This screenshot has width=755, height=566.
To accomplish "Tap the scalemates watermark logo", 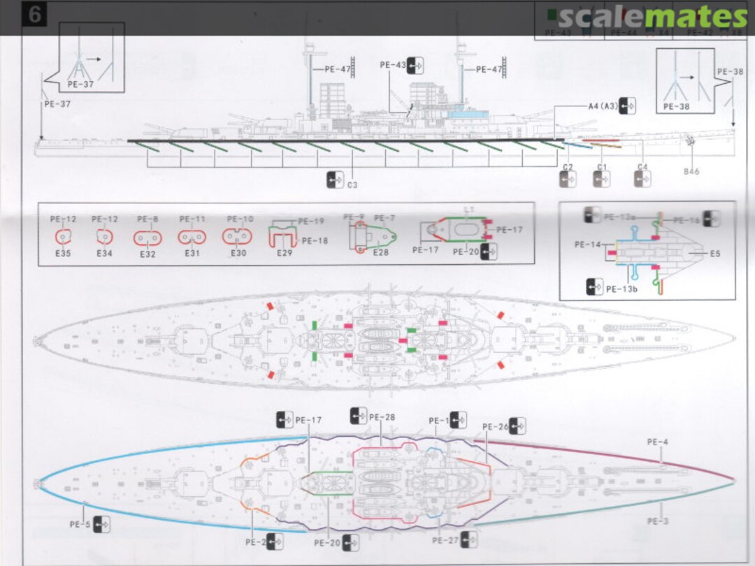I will pyautogui.click(x=653, y=17).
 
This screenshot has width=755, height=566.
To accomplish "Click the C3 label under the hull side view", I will pyautogui.click(x=352, y=185).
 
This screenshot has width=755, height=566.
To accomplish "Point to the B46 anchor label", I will pyautogui.click(x=691, y=171).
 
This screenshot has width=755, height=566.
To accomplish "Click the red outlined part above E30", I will pyautogui.click(x=238, y=238).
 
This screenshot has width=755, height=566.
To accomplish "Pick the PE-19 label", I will pyautogui.click(x=311, y=222).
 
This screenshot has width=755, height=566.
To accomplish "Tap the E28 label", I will pyautogui.click(x=380, y=252).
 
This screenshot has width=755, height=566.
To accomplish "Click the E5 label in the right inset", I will pyautogui.click(x=714, y=254).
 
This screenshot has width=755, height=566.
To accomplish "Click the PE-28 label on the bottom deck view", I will pyautogui.click(x=382, y=417).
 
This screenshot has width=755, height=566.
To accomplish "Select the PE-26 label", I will pyautogui.click(x=496, y=426).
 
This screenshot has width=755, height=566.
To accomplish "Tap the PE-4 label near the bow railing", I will pyautogui.click(x=657, y=442).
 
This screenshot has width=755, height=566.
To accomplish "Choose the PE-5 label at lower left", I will pyautogui.click(x=80, y=524).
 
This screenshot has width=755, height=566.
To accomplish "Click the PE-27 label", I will pyautogui.click(x=445, y=540).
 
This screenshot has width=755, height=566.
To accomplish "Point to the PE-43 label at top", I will pyautogui.click(x=393, y=65).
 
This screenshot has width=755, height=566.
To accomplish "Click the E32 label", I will pyautogui.click(x=148, y=254).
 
